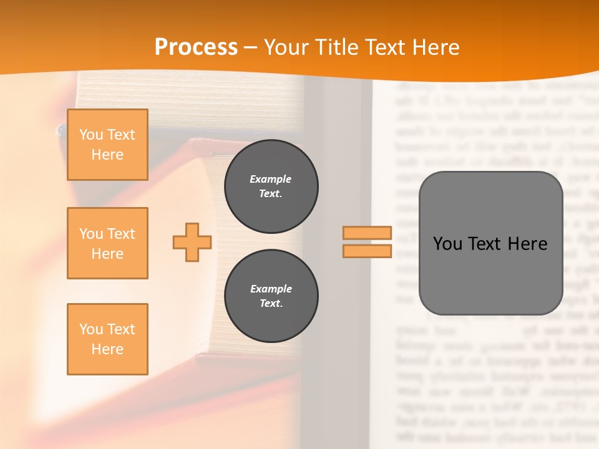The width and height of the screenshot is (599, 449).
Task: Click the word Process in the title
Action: [196, 47]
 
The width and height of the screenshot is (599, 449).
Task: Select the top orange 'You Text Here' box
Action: [107, 145]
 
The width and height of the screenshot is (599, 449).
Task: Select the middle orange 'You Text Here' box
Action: [107, 243]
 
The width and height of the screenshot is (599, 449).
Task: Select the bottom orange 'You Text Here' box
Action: [107, 339]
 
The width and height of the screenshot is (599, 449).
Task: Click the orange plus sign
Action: [192, 242]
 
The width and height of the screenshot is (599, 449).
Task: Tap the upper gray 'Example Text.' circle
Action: [271, 186]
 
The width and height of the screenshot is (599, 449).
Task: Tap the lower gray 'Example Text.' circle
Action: [271, 296]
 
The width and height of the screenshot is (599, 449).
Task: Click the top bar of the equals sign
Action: [367, 233]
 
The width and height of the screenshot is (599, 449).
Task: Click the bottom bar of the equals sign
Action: [367, 251]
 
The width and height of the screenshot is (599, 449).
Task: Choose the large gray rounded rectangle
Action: [490, 274]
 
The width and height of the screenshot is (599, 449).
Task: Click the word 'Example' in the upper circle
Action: [270, 179]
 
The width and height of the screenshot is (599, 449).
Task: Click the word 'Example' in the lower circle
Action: [271, 289]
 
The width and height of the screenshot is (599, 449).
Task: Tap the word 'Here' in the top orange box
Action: [107, 155]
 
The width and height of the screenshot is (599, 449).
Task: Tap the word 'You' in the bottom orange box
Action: [91, 329]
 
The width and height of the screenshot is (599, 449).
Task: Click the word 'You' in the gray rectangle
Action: [447, 244]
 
